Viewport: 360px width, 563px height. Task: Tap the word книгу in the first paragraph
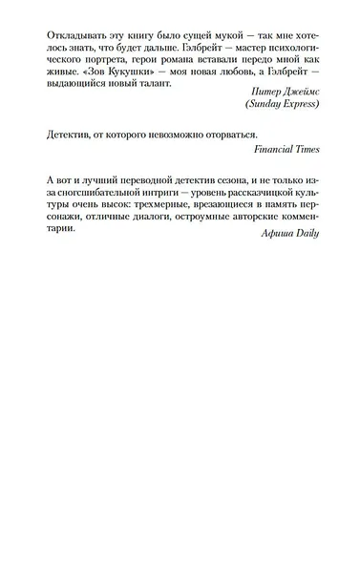(152, 37)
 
